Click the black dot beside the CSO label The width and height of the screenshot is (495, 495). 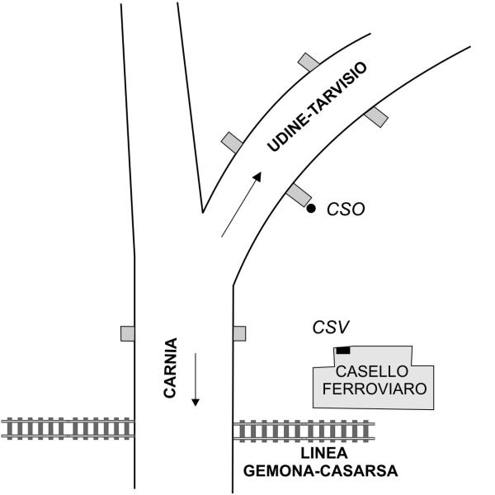coord(311,209)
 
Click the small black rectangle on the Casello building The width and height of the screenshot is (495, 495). coord(342,351)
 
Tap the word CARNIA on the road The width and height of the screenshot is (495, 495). coord(170,369)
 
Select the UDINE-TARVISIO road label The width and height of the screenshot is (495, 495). coord(318,107)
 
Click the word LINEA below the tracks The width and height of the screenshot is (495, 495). coord(318,455)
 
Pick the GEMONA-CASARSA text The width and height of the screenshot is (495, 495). coord(321,472)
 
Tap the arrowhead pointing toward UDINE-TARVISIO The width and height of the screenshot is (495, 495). coord(258,177)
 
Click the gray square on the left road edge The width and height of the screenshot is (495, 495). coord(128,333)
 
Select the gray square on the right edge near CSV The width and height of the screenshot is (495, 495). coord(239,333)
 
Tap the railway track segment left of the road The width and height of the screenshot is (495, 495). coord(66,427)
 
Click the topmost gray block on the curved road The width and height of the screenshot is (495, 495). coord(309,62)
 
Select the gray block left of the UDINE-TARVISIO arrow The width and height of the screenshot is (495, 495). coord(232,142)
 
